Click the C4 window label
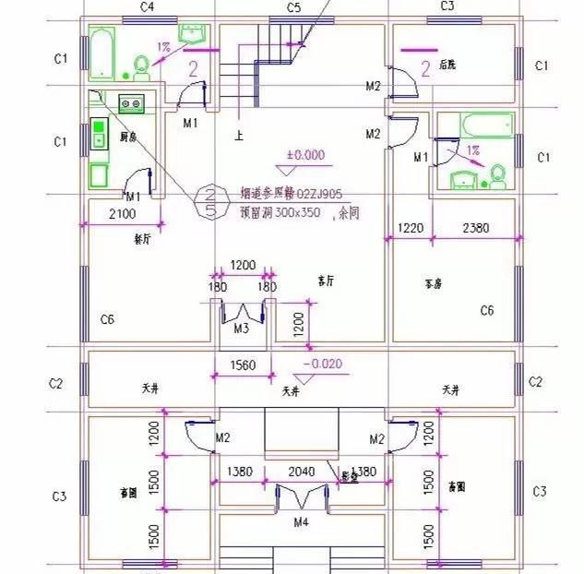coord(146,7)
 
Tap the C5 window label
coord(293,7)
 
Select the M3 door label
coord(241,328)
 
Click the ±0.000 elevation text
coord(305,155)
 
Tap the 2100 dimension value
coord(122,214)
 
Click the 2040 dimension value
coord(301,472)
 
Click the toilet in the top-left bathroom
coord(142,65)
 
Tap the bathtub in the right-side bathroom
coord(487,125)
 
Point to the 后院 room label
coord(449,65)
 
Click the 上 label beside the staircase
coord(239,136)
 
